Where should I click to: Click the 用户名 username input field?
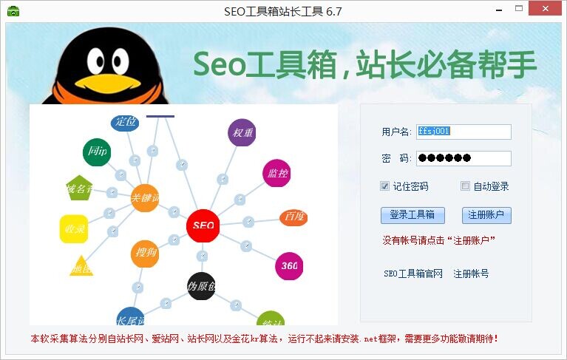464,132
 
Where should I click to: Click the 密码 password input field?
464,158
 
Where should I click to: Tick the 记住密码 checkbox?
385,186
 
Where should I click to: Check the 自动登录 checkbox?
465,186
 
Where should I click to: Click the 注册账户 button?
486,215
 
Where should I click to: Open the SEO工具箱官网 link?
412,274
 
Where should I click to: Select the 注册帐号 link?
471,274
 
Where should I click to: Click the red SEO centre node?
203,225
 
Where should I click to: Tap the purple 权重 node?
242,133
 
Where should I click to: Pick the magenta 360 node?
289,266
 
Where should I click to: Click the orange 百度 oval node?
293,217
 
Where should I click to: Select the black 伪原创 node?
201,286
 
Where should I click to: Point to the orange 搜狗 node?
145,254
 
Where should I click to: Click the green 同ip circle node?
97,152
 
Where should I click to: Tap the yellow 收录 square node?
74,229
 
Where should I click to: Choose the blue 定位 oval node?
125,122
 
